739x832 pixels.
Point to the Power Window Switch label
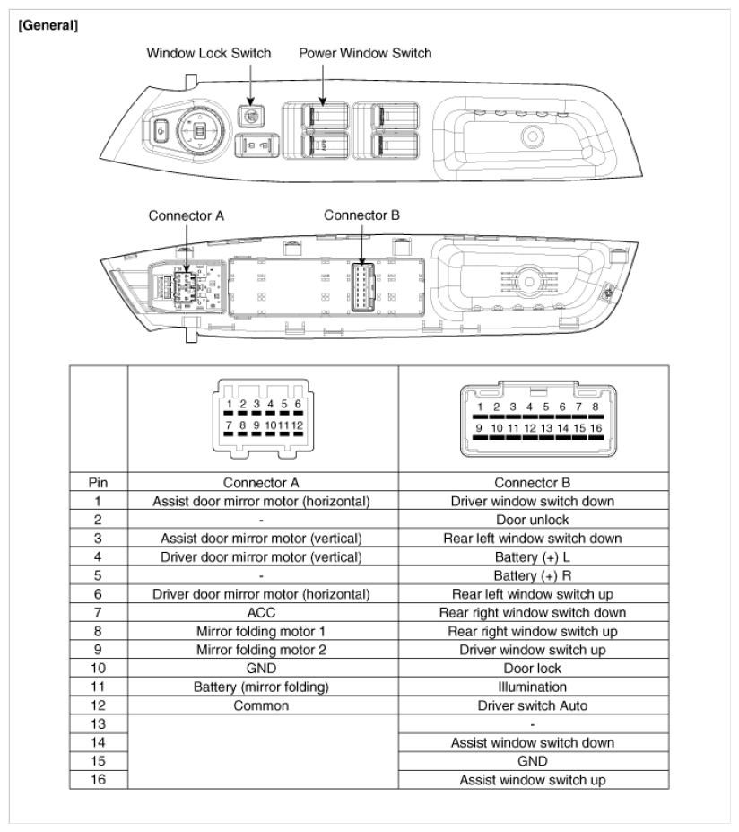pos(365,53)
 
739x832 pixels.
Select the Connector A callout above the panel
pos(187,216)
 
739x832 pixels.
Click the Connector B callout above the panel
pos(361,215)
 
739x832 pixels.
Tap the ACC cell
pos(263,612)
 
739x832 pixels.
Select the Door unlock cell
pos(535,519)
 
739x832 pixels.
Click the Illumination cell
pos(535,687)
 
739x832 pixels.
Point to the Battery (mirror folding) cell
pos(263,687)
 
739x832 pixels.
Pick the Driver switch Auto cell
pos(535,705)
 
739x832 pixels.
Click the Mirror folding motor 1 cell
pos(263,631)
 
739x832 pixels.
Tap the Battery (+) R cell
pos(535,575)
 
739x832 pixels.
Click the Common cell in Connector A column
pos(263,705)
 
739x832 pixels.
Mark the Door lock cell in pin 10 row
pos(535,668)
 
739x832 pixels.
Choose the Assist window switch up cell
pos(535,780)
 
